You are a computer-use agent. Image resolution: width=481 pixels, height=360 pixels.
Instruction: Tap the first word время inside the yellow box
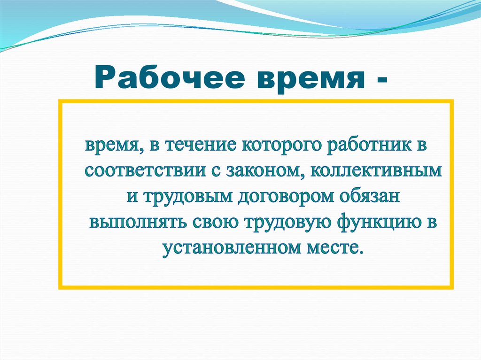111,145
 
